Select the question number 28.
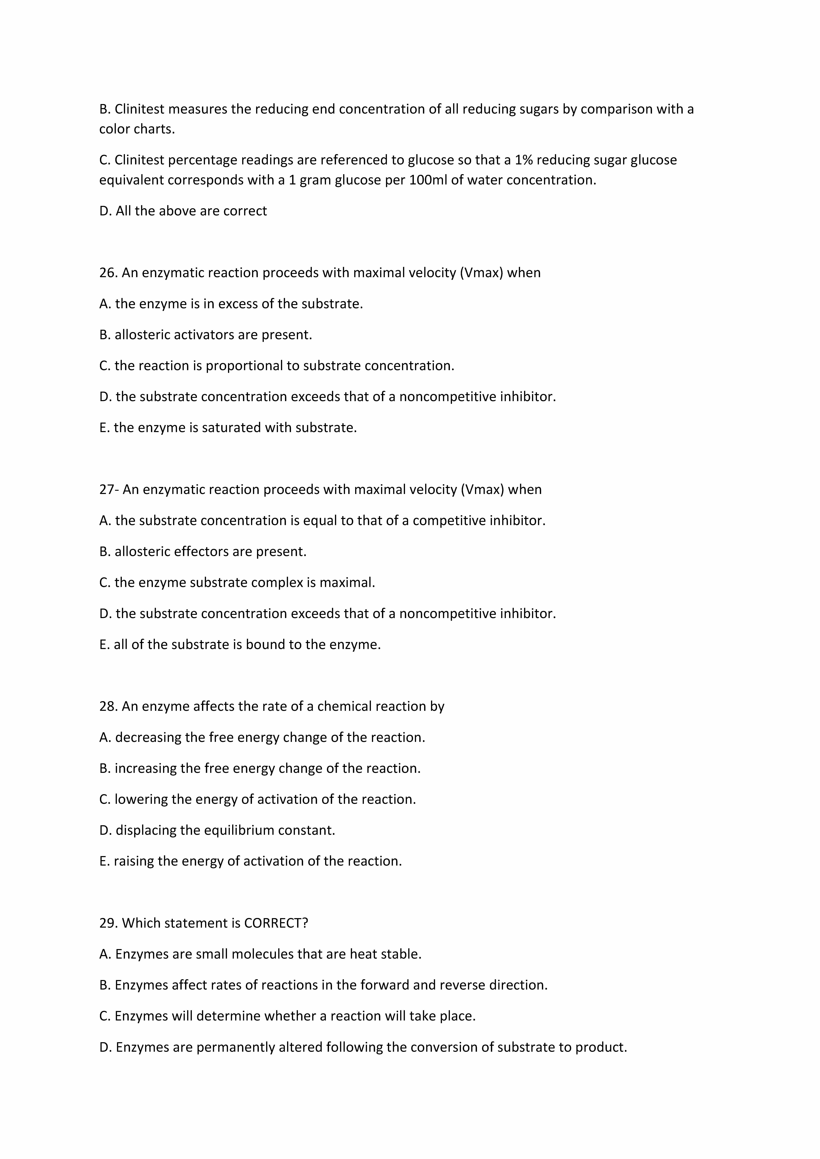pyautogui.click(x=108, y=706)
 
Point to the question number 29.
pyautogui.click(x=108, y=923)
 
